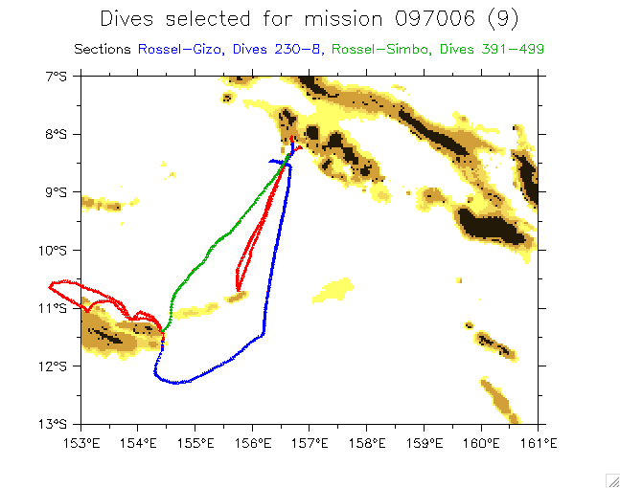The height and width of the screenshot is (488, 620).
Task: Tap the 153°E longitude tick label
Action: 81,442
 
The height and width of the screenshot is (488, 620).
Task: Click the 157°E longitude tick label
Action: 310,442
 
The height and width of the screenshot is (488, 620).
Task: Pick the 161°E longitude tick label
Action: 539,442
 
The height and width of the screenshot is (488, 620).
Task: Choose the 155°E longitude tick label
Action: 195,442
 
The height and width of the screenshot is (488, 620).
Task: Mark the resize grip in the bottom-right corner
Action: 611,479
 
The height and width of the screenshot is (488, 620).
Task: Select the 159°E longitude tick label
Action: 425,442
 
